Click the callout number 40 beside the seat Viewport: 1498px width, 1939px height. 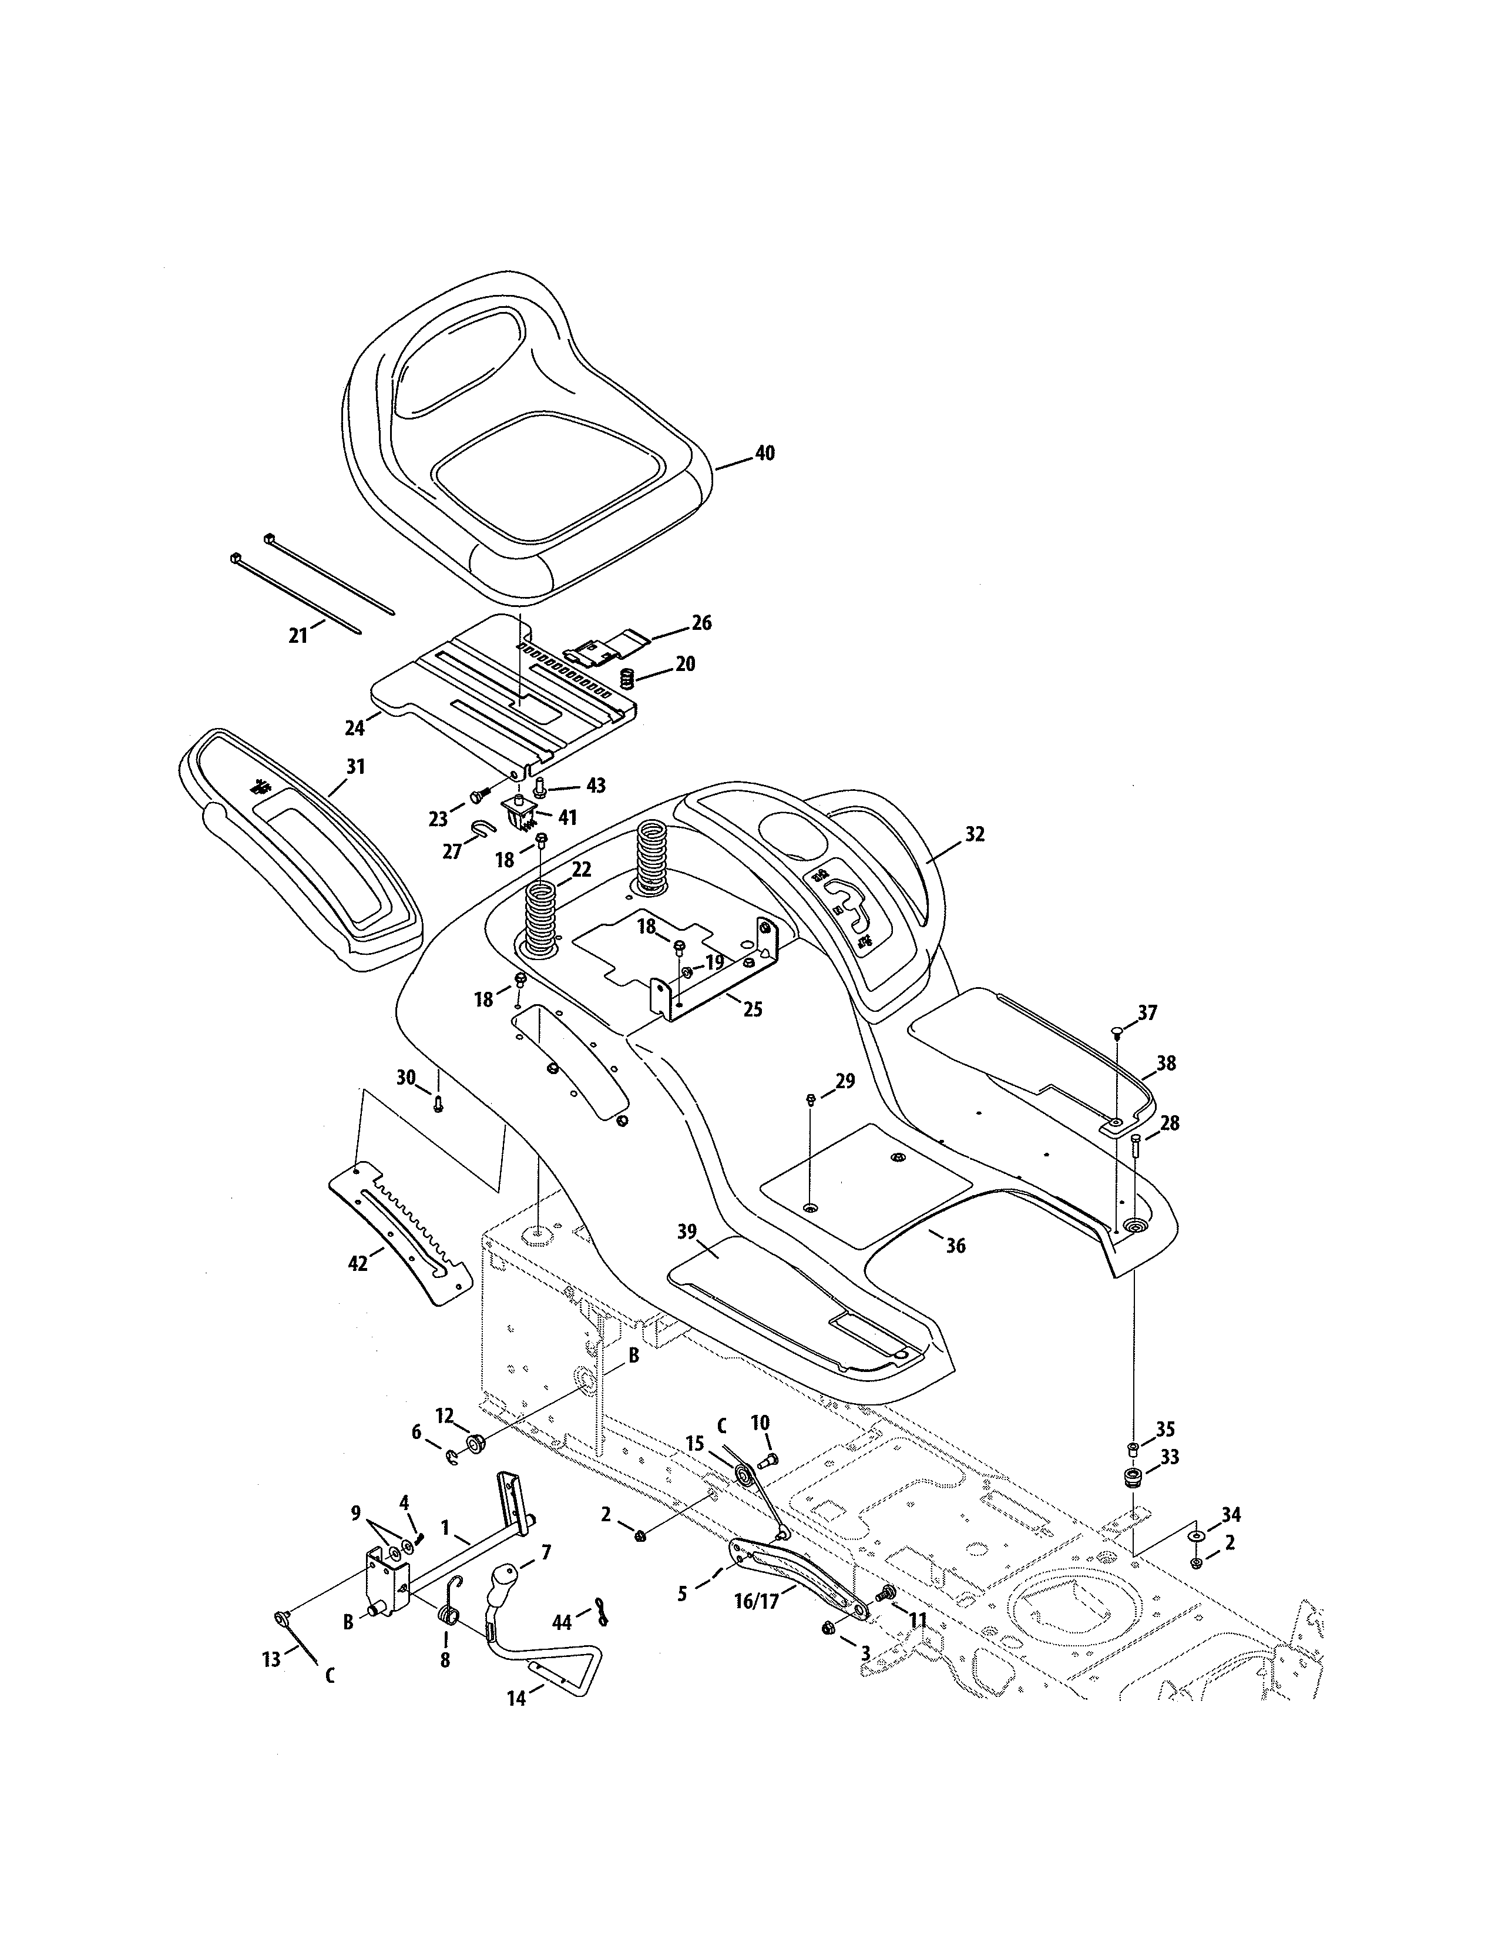764,454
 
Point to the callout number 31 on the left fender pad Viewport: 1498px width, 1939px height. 355,766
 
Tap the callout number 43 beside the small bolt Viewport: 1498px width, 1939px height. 596,786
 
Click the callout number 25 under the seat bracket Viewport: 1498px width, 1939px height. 752,1009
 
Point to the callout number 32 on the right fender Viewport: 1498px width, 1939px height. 975,834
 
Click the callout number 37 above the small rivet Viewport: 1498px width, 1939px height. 1147,1013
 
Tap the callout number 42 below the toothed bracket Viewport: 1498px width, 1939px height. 358,1264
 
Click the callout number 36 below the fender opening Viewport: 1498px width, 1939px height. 955,1246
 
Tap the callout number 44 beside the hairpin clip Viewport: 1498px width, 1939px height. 562,1622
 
